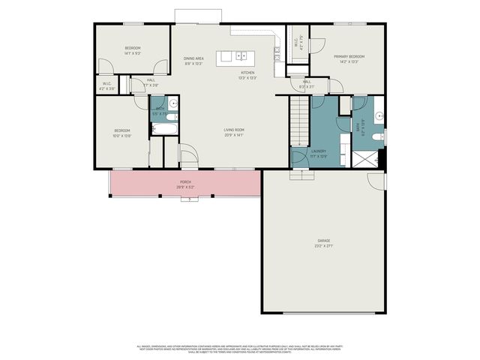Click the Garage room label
324,241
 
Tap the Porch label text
185,181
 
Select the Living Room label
234,130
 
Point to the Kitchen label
248,73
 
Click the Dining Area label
194,58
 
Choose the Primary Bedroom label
349,56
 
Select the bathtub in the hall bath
163,130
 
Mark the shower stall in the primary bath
366,159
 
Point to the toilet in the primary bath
381,138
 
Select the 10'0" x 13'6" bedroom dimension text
121,136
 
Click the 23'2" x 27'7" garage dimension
324,245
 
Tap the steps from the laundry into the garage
300,175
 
